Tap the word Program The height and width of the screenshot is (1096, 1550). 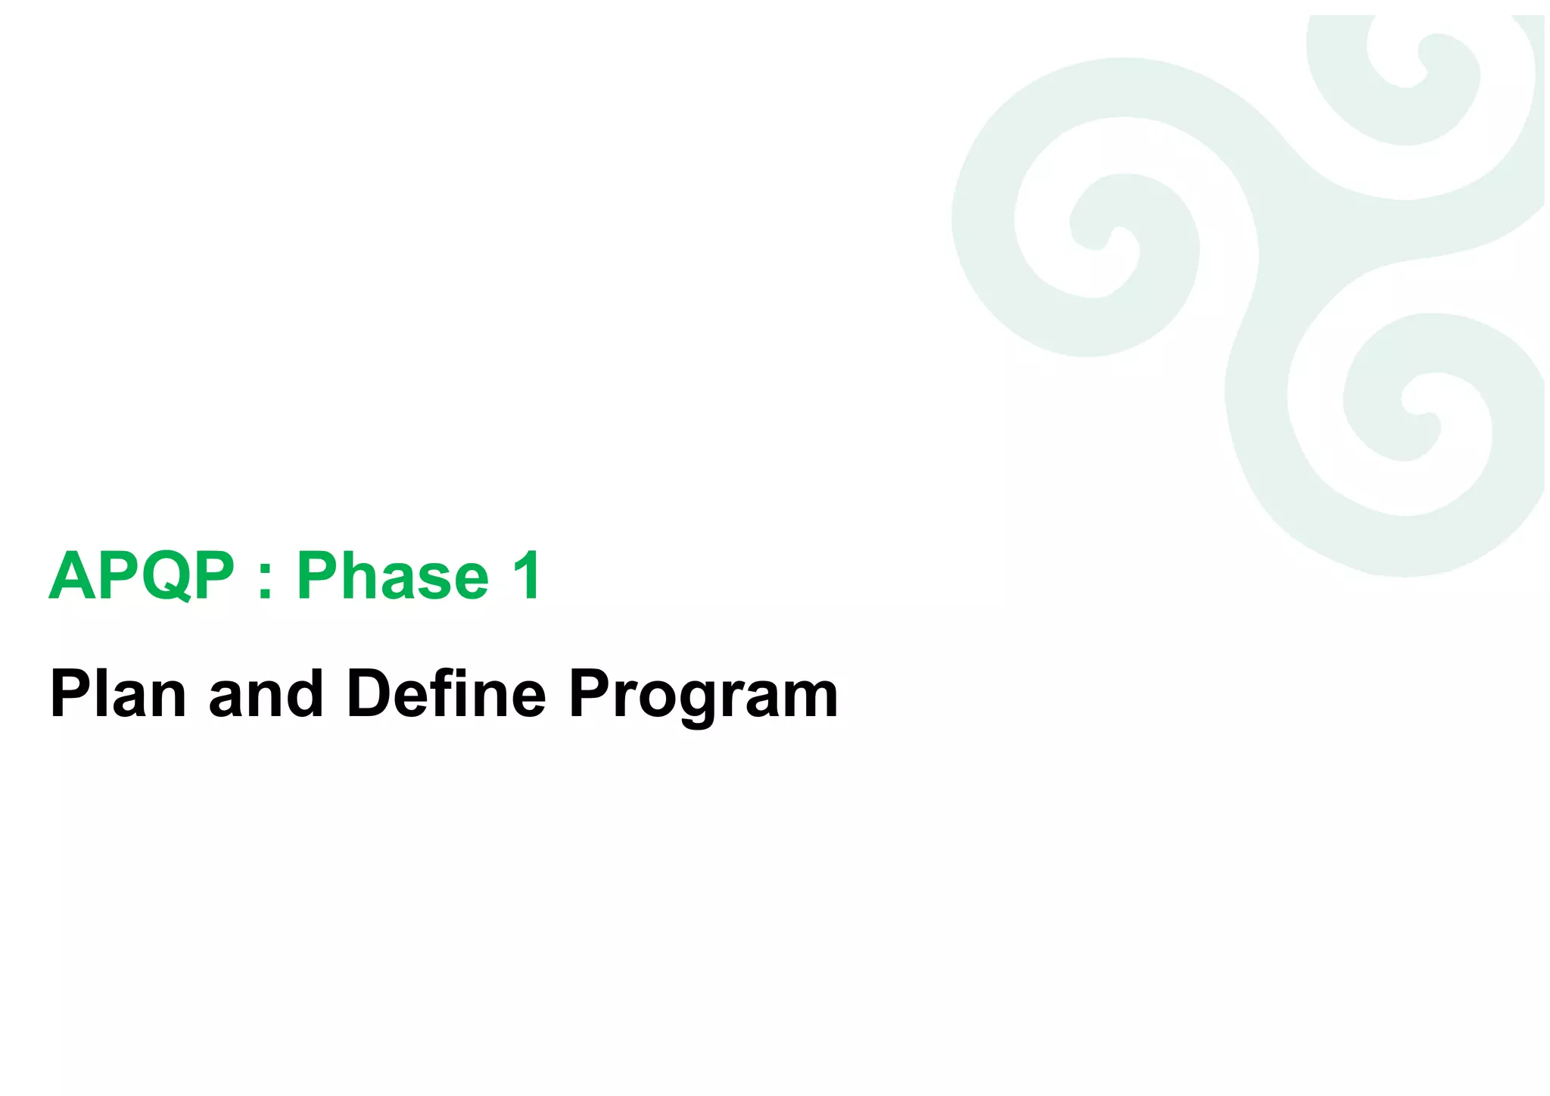(703, 695)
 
